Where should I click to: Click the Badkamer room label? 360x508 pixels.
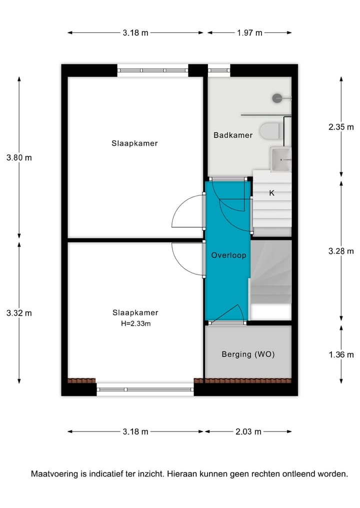[233, 135]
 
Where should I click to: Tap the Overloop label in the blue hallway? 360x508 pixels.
[228, 255]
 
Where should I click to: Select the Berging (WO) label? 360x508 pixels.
[248, 354]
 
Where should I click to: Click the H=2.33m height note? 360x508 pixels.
[135, 323]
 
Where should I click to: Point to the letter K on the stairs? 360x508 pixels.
[272, 193]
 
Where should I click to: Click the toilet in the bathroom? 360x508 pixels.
[271, 131]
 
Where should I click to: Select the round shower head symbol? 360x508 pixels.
[277, 98]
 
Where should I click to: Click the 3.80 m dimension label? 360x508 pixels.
[19, 157]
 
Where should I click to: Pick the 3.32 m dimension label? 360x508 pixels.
[19, 313]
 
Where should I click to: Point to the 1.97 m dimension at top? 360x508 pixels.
[249, 33]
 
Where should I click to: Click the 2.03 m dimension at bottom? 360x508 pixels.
[248, 432]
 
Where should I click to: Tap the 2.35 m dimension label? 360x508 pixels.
[341, 127]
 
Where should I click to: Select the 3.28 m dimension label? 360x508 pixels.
[341, 251]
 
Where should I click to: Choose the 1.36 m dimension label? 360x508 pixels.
[341, 355]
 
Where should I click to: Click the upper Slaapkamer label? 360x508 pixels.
[134, 143]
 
